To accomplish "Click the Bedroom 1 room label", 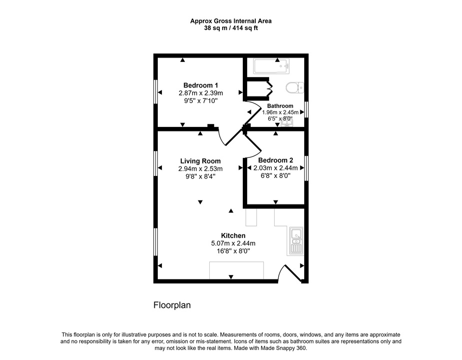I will click(200, 85).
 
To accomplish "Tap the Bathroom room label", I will click(280, 106).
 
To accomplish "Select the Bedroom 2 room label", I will click(275, 160).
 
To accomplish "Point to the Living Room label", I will click(200, 161).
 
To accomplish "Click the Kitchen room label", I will click(233, 235).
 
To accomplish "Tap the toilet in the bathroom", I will click(295, 88).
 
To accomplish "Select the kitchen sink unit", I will click(296, 240).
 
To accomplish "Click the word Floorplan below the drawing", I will click(172, 304).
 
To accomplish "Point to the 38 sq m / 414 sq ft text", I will click(231, 28).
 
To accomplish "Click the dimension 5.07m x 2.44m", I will click(233, 243).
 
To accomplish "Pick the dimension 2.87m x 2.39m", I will click(200, 93).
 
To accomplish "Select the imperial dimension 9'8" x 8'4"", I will click(200, 176).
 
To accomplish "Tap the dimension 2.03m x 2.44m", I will click(275, 168).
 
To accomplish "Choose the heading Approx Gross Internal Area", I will click(231, 21).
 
